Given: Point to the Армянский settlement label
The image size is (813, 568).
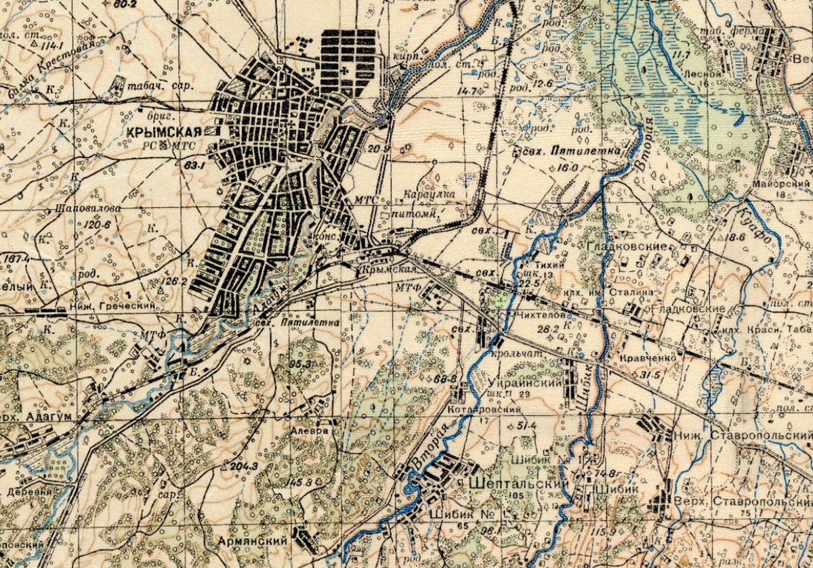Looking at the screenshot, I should (251, 542).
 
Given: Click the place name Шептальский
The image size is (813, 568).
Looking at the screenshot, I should (518, 484).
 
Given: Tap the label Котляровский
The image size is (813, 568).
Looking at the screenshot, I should (484, 410).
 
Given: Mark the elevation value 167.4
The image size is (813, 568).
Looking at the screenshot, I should (16, 259).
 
